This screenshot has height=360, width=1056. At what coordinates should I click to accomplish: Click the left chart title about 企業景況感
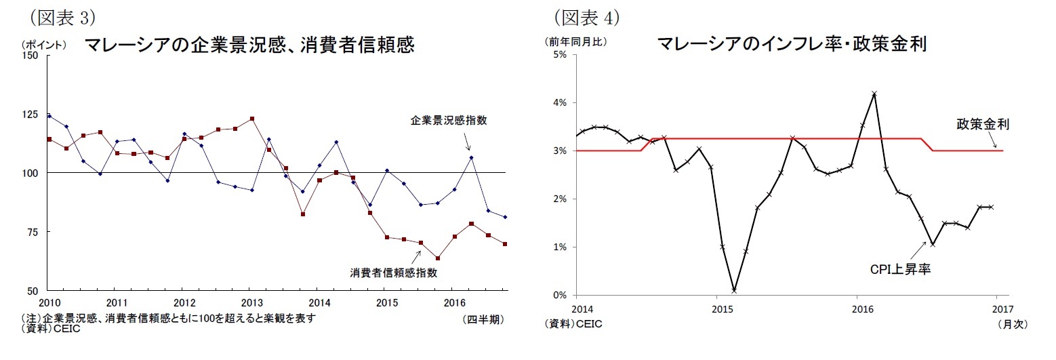click(x=248, y=45)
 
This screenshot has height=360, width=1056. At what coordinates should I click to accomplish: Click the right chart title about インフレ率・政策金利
click(x=792, y=44)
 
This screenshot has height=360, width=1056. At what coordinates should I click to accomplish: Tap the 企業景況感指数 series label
click(x=449, y=121)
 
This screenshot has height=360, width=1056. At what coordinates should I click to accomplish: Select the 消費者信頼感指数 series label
click(x=394, y=273)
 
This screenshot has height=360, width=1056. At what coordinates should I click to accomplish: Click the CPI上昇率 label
click(x=900, y=269)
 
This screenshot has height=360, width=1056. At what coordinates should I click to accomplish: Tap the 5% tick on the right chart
click(x=560, y=55)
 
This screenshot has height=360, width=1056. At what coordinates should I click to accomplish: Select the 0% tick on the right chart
click(x=560, y=296)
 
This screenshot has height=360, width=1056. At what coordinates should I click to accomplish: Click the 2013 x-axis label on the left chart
click(x=252, y=302)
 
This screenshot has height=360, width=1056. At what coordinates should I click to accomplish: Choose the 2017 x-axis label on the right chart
click(x=996, y=309)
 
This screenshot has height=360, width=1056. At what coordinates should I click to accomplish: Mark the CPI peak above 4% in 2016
click(x=874, y=94)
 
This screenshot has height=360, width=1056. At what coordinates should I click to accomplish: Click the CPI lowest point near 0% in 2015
click(x=734, y=290)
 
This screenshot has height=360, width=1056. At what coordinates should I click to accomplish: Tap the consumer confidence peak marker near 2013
click(x=252, y=119)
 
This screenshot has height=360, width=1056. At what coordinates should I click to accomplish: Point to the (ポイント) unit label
click(x=44, y=45)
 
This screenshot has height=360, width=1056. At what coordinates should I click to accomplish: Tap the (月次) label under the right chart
click(x=1012, y=324)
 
